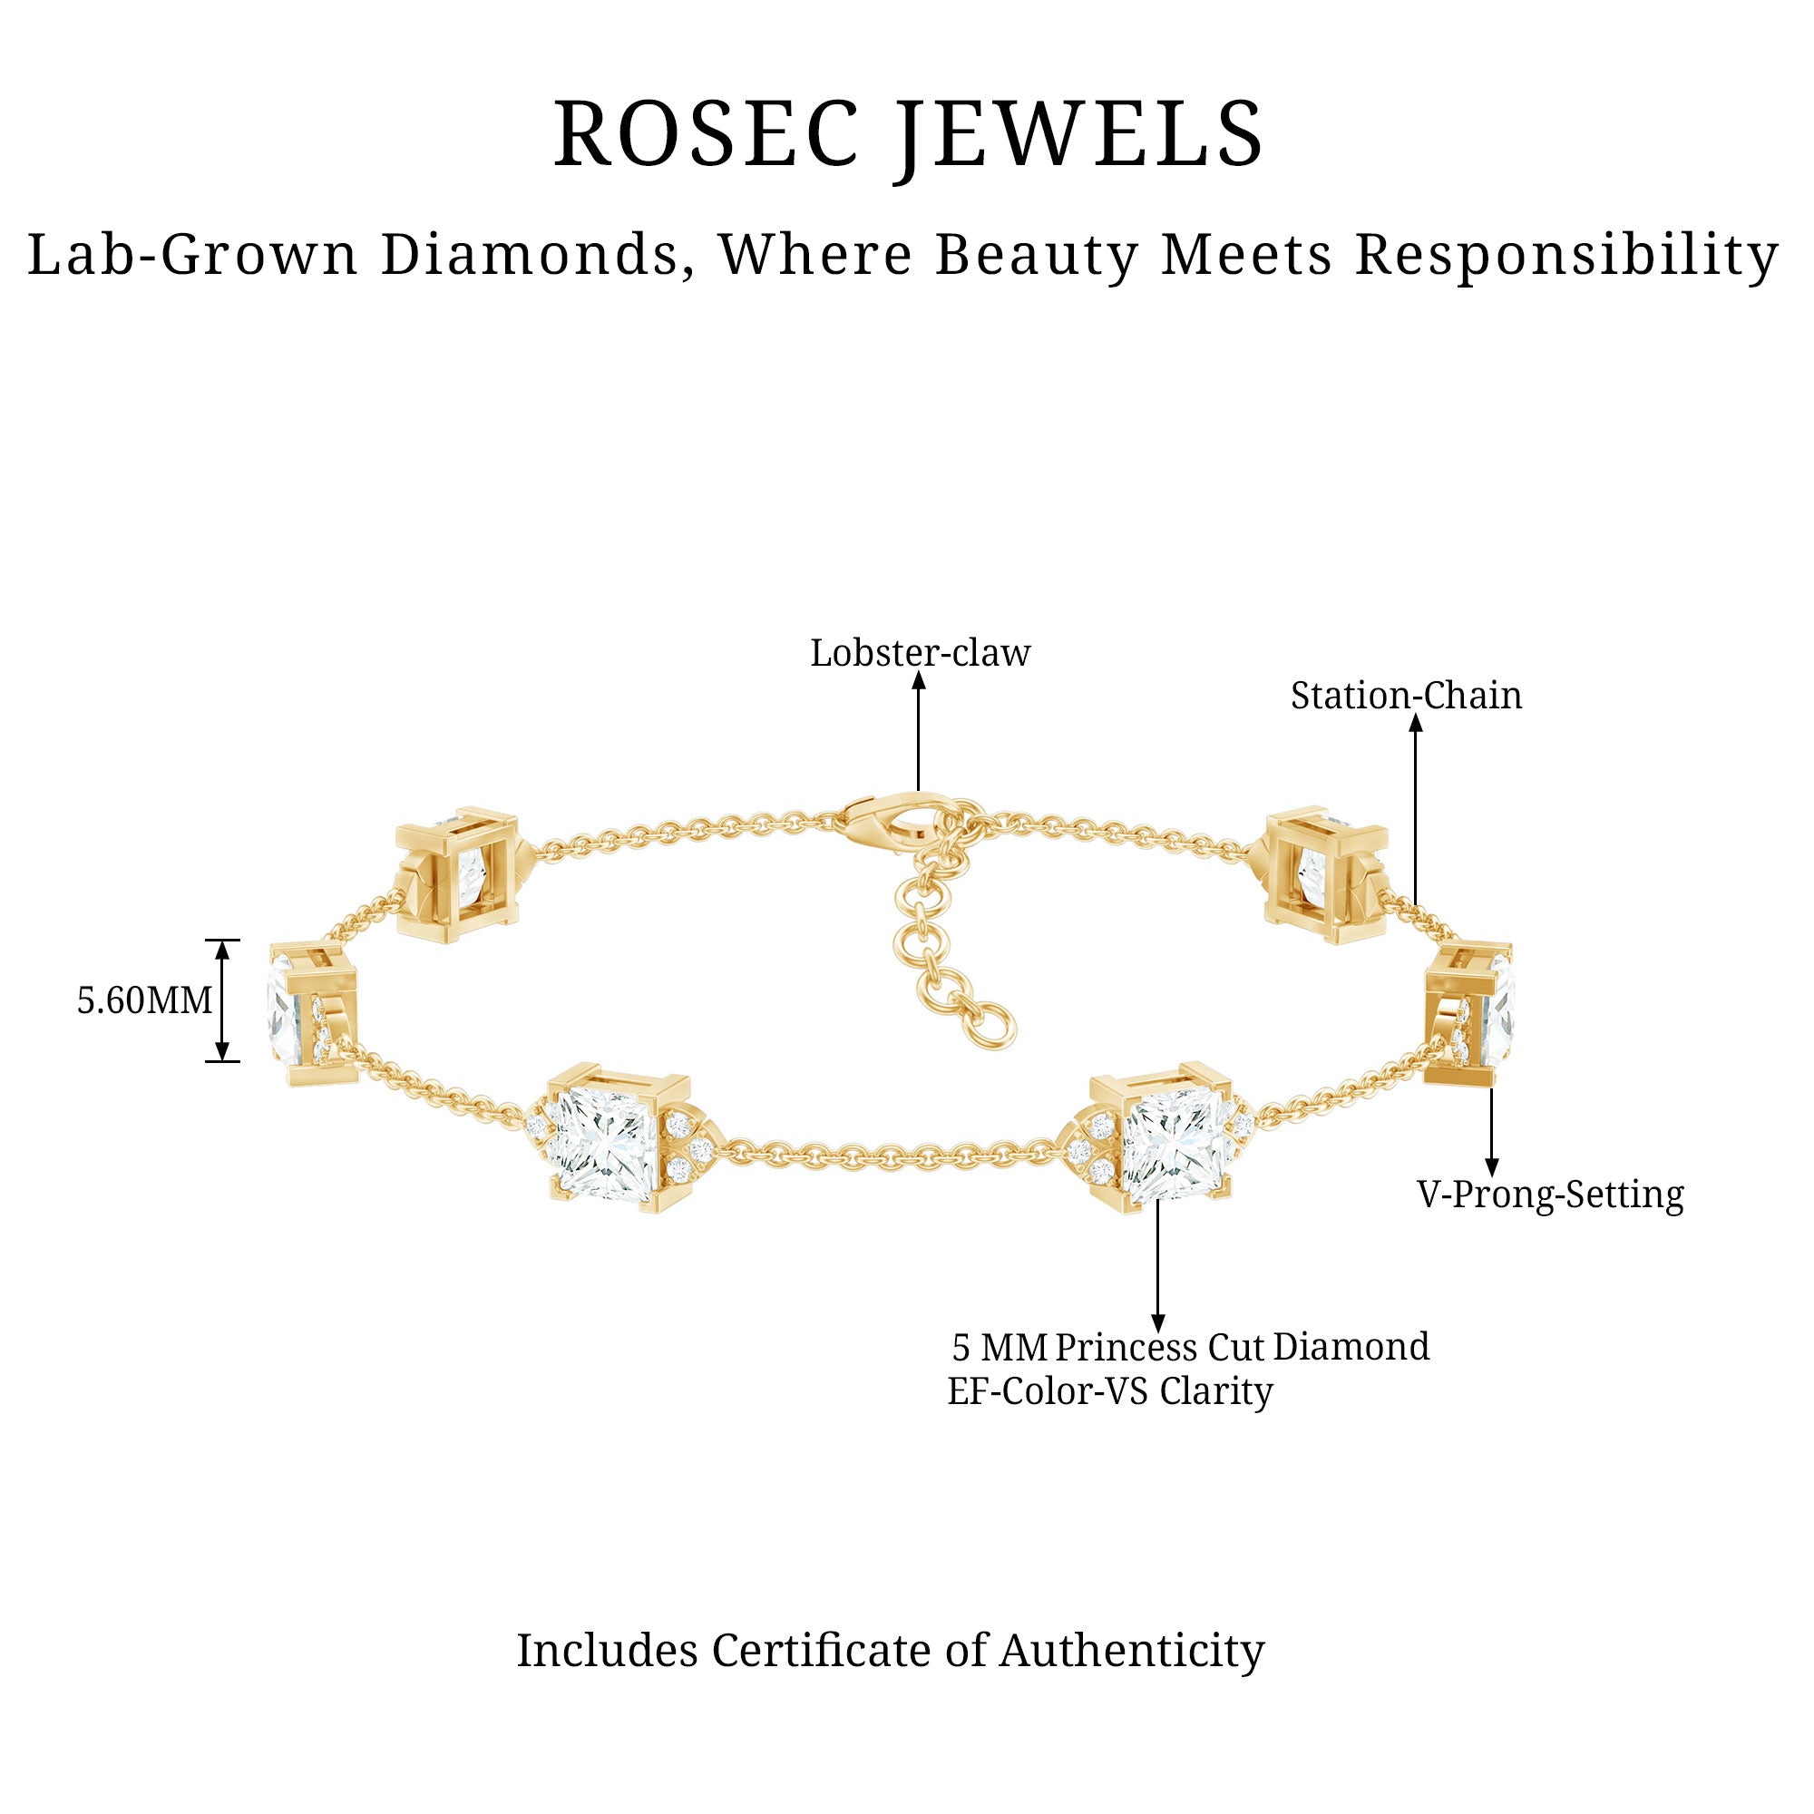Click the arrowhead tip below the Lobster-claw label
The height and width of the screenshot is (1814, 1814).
[x=919, y=670]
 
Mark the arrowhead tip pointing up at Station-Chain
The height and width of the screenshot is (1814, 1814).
[x=1416, y=715]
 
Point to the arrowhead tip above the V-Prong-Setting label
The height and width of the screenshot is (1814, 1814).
[x=1491, y=1176]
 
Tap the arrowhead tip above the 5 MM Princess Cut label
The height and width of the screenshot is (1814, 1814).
[x=1157, y=1332]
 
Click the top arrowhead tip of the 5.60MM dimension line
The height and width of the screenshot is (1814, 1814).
[x=222, y=941]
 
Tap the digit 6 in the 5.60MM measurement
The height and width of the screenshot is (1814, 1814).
[x=114, y=1001]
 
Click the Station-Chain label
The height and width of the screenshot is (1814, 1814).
[x=1406, y=696]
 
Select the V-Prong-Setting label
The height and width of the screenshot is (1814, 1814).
[x=1550, y=1195]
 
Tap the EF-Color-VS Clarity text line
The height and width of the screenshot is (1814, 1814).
[x=1110, y=1390]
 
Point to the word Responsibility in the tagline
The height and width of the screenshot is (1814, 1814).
[x=1566, y=256]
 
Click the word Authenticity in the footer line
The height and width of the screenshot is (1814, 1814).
[x=1131, y=1650]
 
